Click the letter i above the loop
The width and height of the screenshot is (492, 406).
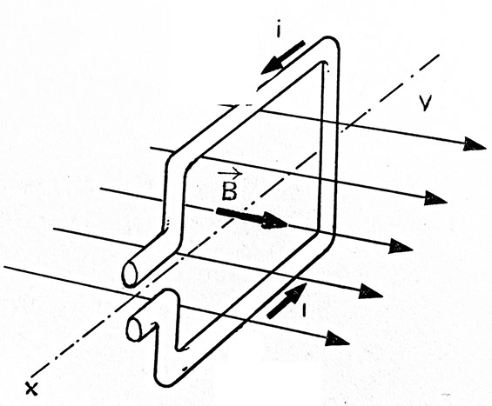tap(279, 31)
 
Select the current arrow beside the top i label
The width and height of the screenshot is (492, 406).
tap(283, 57)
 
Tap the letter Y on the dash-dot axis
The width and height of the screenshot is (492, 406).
tap(425, 103)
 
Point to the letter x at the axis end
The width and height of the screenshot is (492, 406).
tap(31, 389)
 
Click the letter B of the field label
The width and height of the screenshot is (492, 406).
tap(229, 191)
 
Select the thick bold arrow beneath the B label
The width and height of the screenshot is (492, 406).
tap(252, 218)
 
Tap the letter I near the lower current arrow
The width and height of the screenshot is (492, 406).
tap(303, 309)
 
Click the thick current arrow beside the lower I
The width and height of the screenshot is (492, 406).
tap(286, 301)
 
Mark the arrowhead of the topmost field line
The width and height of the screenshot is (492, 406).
tap(475, 144)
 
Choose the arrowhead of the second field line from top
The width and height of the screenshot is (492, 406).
tap(435, 198)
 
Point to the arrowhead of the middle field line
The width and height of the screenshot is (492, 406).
tap(401, 246)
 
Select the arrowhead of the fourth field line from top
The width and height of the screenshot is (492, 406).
tap(371, 291)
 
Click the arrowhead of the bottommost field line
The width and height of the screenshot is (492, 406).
tap(337, 339)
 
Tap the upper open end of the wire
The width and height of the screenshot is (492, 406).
tap(130, 274)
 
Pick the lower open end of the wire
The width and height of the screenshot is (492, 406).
tap(134, 329)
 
